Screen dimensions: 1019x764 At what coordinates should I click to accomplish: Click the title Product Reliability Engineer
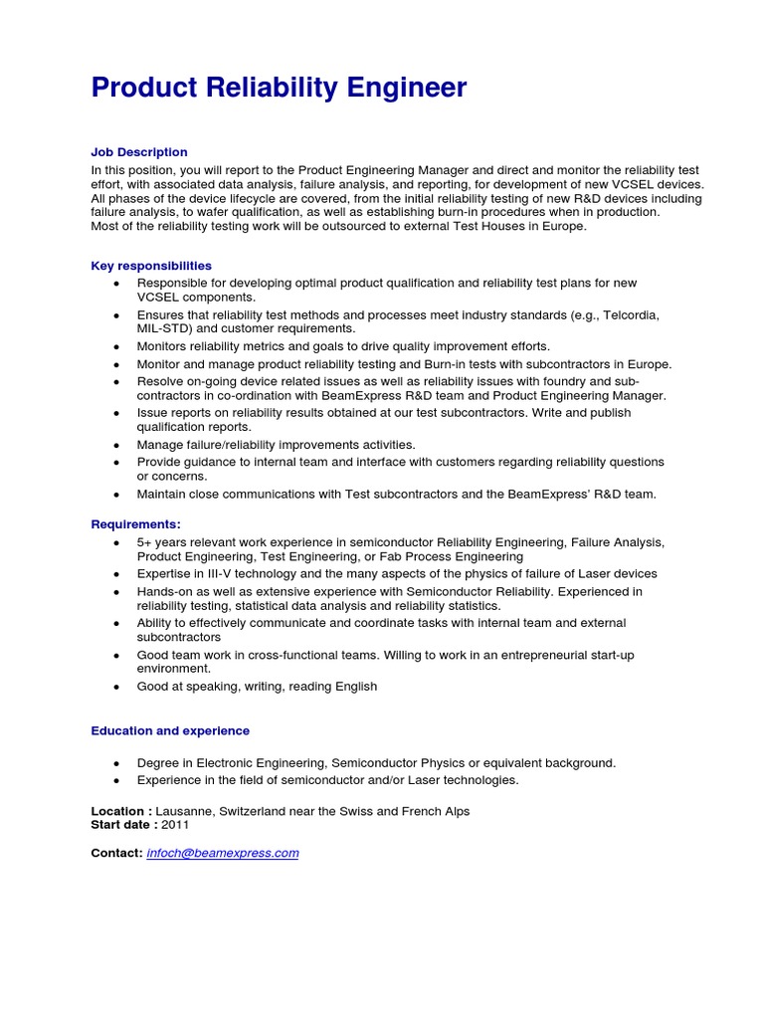tap(279, 89)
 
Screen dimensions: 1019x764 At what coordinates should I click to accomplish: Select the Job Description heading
tap(139, 152)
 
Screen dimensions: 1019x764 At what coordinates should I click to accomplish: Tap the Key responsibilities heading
tap(151, 266)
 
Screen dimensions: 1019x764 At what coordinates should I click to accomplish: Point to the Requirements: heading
tap(136, 524)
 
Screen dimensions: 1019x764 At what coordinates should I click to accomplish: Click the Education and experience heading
tap(170, 730)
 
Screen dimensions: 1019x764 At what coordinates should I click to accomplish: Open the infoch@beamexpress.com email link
tap(223, 853)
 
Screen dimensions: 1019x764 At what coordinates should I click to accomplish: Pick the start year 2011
tap(174, 825)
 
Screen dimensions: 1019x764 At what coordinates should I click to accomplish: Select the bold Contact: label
tap(116, 853)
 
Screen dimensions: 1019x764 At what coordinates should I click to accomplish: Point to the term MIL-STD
tap(165, 328)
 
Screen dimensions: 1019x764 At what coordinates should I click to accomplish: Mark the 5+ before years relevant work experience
tap(144, 542)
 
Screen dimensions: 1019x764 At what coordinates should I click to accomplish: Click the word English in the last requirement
tap(356, 687)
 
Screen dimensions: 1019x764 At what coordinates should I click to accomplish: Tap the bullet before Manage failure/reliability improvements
tap(116, 445)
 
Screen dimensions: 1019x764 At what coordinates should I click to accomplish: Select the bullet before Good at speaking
tap(116, 687)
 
